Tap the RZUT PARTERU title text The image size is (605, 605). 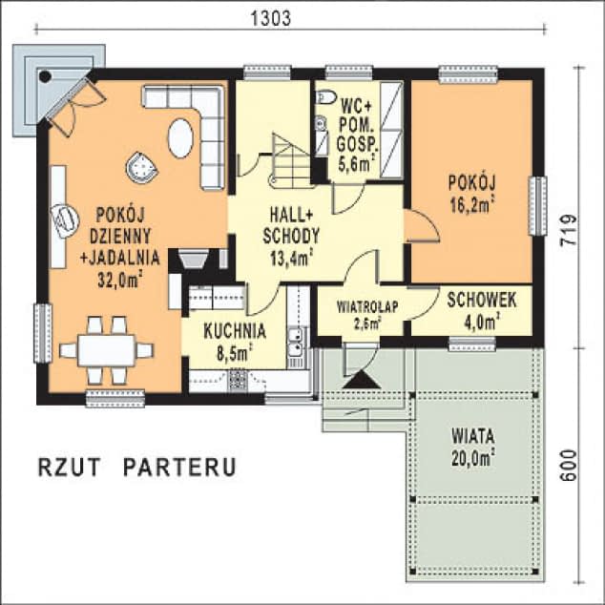click(136, 468)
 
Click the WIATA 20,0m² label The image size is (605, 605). click(473, 446)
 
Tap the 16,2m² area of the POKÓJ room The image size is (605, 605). click(473, 202)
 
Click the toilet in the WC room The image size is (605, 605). click(325, 96)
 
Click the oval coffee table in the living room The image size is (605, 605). click(180, 137)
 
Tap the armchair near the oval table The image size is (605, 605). click(142, 167)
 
